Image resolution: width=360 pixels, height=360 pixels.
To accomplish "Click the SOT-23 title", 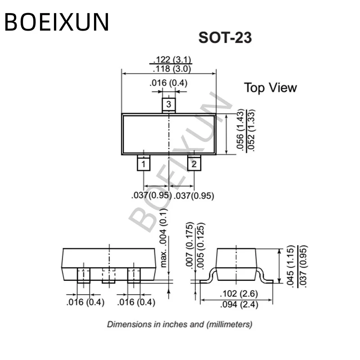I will [225, 38].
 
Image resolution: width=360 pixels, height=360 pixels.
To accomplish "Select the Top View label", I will [270, 87].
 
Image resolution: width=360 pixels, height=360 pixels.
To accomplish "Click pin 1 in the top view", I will [144, 164].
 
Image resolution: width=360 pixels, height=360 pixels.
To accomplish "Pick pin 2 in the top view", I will [194, 164].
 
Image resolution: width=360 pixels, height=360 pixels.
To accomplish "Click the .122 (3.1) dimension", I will [172, 59].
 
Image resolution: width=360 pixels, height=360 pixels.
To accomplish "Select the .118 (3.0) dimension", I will [172, 69].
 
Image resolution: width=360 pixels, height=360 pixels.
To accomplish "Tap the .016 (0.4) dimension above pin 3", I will [168, 83].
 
